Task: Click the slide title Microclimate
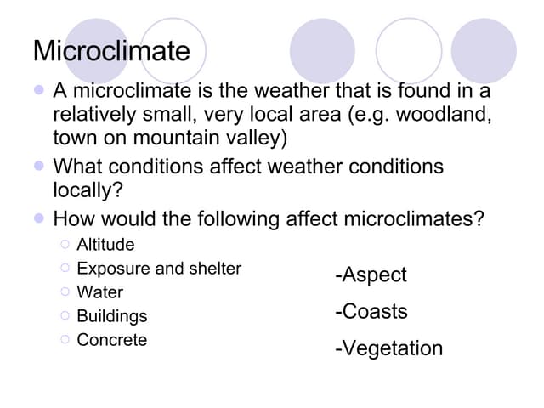(x=111, y=51)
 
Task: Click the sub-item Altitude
(x=105, y=245)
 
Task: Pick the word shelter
(x=213, y=269)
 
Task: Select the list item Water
(x=99, y=292)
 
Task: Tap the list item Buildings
(x=111, y=316)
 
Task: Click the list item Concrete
(x=111, y=340)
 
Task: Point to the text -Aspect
(x=371, y=275)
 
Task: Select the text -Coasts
(x=371, y=311)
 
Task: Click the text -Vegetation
(x=389, y=348)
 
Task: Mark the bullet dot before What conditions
(x=38, y=166)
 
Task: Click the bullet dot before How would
(x=38, y=218)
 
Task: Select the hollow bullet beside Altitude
(x=65, y=245)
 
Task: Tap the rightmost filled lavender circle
(x=484, y=50)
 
